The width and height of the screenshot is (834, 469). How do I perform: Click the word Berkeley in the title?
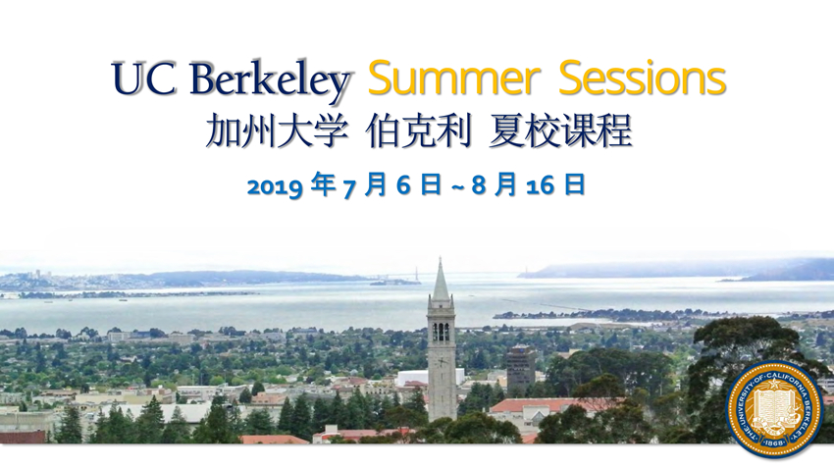click(270, 79)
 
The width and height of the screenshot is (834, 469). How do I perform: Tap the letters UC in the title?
click(144, 78)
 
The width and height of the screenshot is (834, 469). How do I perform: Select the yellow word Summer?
click(453, 78)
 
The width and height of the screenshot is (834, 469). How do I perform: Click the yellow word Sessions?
click(642, 78)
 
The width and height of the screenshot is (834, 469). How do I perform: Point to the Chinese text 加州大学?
click(277, 130)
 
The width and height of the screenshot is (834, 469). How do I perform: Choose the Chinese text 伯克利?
click(419, 130)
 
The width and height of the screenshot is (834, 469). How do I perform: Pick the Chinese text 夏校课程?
click(560, 130)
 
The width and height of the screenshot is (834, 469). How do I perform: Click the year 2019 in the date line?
click(275, 186)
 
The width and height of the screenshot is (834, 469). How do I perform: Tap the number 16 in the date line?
click(540, 186)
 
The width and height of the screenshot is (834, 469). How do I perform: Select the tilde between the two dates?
click(457, 187)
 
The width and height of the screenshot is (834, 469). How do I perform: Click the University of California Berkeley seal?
click(774, 407)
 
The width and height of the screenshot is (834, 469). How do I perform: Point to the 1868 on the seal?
click(774, 443)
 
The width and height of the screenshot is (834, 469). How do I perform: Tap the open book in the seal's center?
click(774, 406)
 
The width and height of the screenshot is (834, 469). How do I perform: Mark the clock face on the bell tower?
click(441, 363)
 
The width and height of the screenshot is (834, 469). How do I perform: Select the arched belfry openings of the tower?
click(441, 332)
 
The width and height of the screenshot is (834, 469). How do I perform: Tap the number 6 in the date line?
click(403, 185)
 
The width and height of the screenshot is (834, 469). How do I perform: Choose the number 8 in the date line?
click(479, 185)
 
